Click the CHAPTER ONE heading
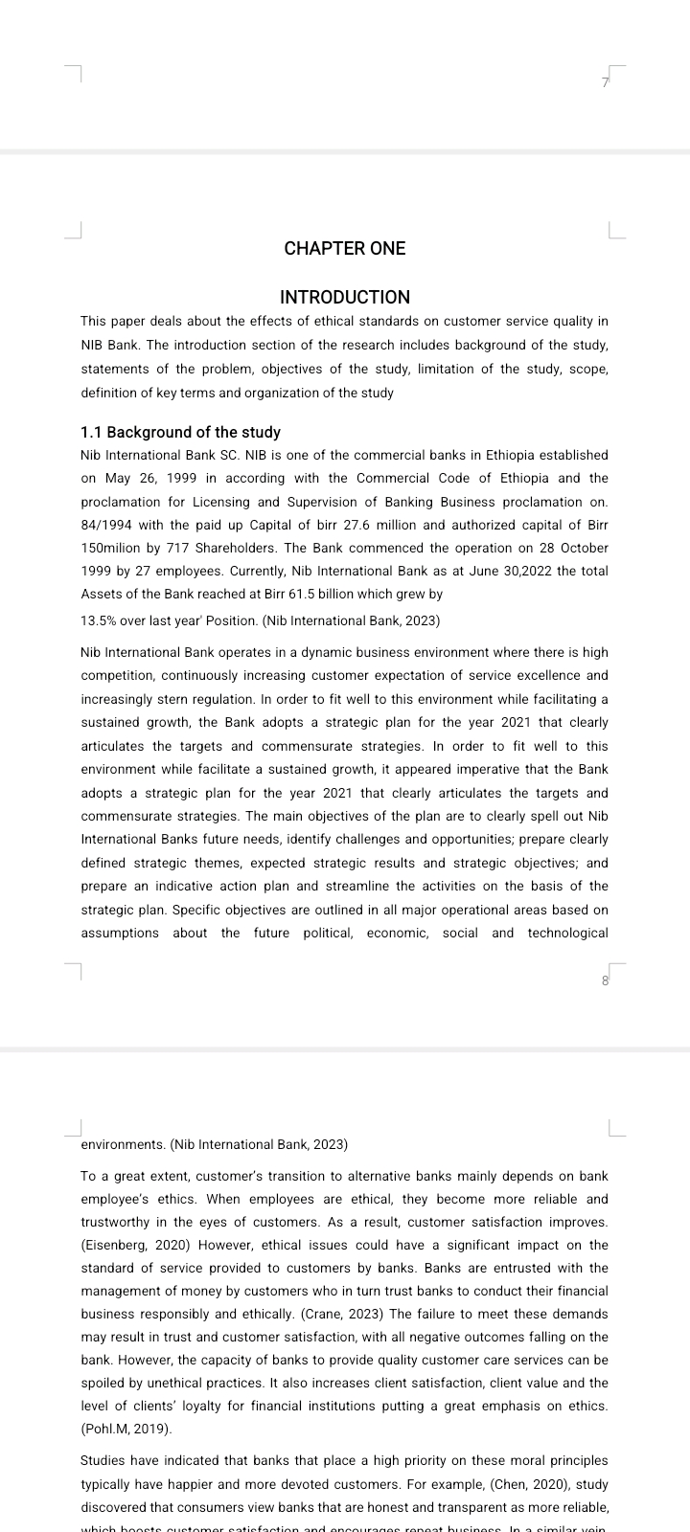coord(345,249)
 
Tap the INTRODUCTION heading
coord(345,298)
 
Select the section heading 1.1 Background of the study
coord(181,433)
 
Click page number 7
coord(605,83)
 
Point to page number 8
coord(605,980)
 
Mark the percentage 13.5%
coord(99,620)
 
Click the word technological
coord(567,933)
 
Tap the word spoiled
coord(104,1384)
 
